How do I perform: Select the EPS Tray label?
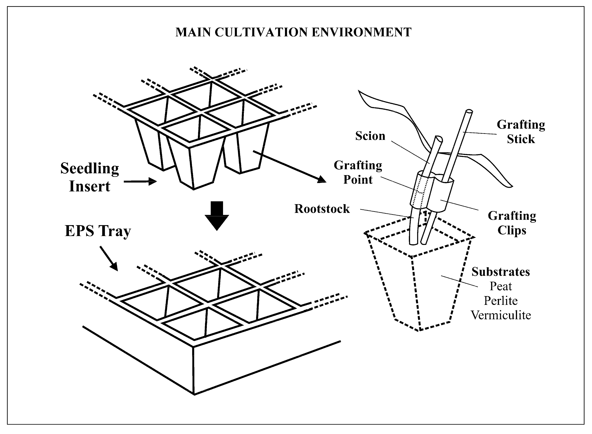point(98,231)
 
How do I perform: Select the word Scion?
point(370,136)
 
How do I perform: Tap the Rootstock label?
point(322,209)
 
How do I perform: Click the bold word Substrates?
point(501,272)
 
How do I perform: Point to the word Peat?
point(501,286)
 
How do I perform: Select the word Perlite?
point(501,301)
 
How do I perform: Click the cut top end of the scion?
point(439,138)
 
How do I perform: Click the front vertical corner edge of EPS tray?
point(194,370)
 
